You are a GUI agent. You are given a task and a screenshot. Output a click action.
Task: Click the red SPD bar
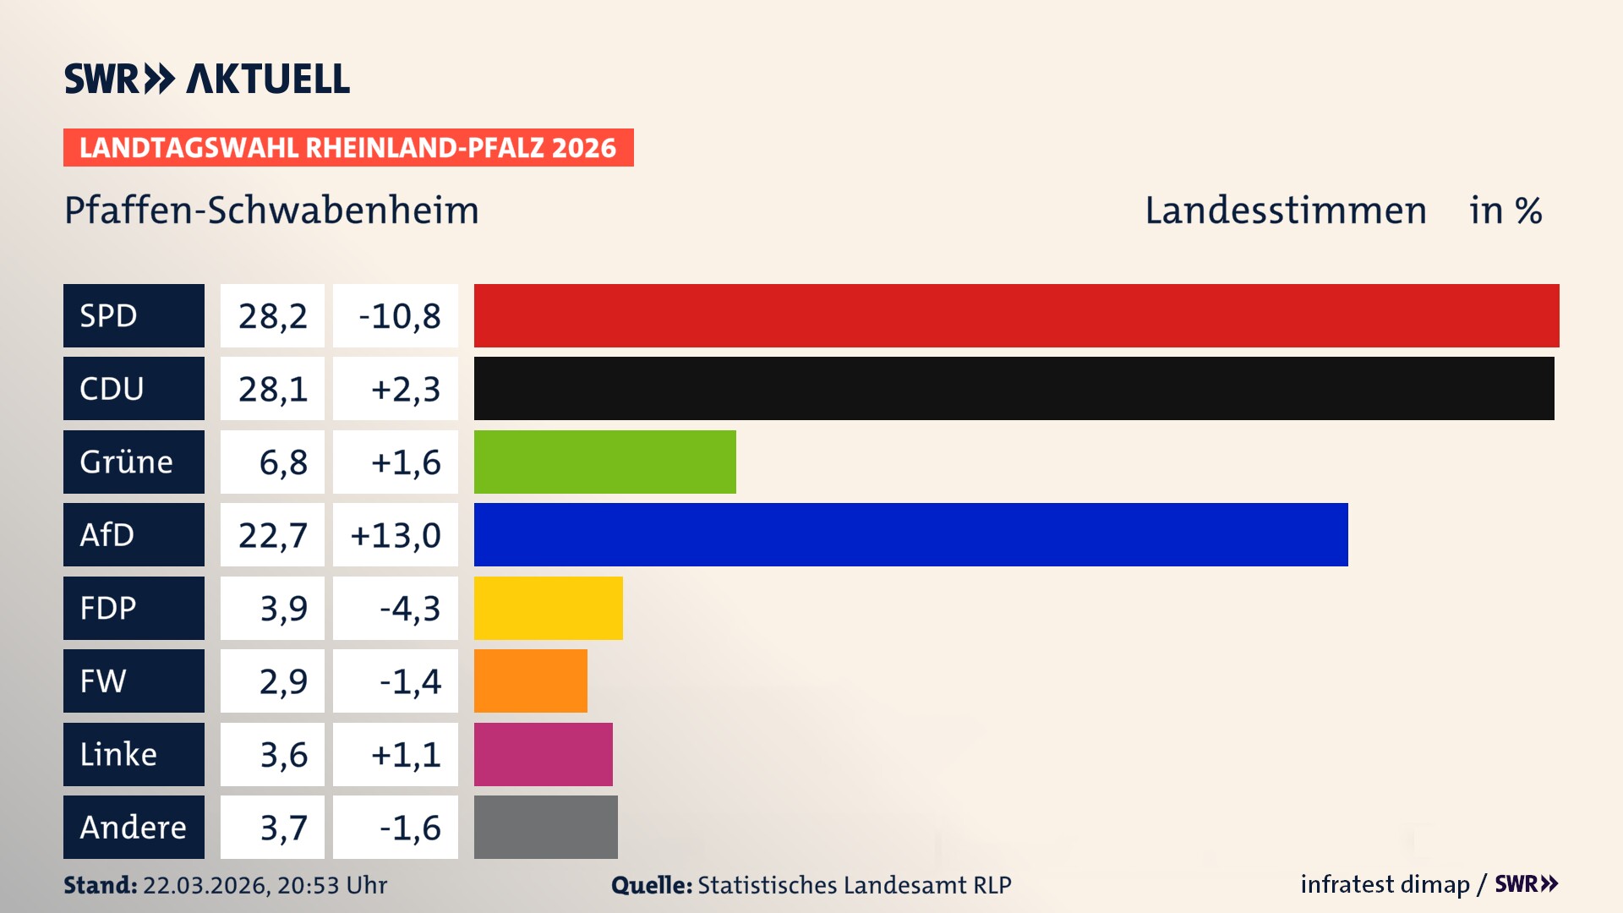(1016, 315)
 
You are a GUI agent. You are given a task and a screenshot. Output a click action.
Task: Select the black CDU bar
(1014, 388)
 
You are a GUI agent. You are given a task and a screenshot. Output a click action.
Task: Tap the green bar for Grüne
(604, 462)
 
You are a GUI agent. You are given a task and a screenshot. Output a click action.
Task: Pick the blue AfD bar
(910, 534)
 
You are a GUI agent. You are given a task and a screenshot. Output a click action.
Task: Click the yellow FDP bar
(548, 608)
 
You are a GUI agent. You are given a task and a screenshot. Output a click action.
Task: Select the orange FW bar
(530, 681)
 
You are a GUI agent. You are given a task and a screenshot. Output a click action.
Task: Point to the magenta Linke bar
(543, 754)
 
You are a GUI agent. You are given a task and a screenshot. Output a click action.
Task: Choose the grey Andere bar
(545, 827)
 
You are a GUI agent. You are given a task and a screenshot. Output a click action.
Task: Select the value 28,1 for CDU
(272, 389)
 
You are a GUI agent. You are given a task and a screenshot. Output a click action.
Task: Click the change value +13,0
(396, 535)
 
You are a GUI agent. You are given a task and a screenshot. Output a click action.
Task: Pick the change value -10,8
(399, 316)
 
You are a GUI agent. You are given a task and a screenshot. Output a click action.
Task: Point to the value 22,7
(272, 535)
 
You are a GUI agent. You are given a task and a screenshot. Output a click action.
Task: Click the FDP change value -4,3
(409, 609)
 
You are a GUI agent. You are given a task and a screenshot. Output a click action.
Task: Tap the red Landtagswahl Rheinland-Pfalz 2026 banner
(348, 147)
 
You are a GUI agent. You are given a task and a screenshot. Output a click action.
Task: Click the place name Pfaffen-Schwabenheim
(271, 210)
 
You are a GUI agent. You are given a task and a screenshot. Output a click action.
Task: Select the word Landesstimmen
(1285, 210)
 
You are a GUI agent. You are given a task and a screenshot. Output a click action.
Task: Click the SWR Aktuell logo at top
(207, 79)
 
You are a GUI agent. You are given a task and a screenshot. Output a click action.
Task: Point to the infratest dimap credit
(1385, 884)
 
